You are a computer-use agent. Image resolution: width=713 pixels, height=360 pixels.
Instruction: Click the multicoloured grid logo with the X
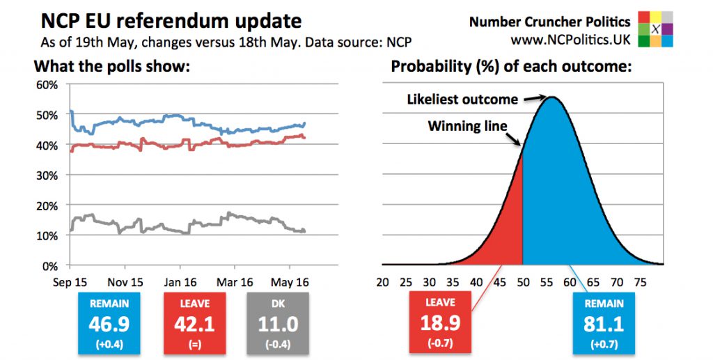(656, 29)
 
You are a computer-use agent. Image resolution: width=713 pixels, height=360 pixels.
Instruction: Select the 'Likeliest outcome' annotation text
(462, 100)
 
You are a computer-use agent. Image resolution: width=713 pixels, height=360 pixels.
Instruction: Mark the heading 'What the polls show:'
(112, 67)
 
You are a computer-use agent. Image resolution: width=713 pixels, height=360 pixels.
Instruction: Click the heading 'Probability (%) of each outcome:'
(511, 67)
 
